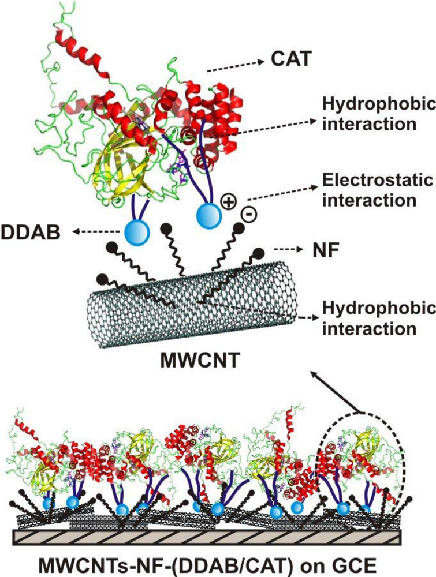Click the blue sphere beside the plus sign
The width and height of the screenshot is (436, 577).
pyautogui.click(x=207, y=214)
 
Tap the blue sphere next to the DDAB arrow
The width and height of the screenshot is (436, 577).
pyautogui.click(x=137, y=232)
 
